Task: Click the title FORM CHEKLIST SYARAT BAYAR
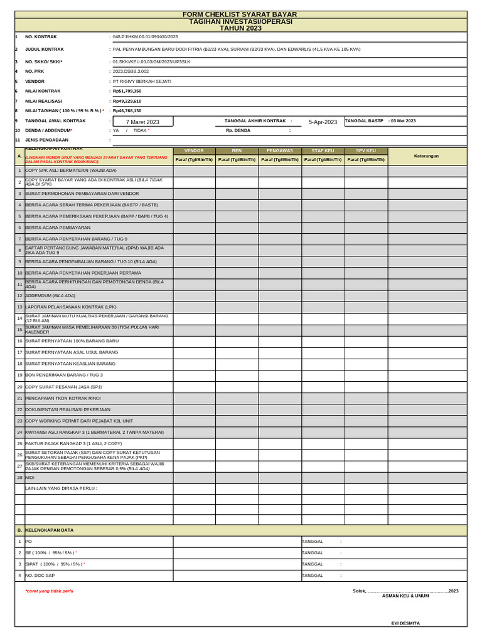(239, 14)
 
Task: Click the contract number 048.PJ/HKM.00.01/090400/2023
(145, 37)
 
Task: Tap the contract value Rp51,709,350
(127, 91)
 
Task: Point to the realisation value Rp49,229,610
(127, 101)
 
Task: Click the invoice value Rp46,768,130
(127, 110)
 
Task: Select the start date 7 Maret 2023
(142, 122)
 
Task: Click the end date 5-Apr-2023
(323, 122)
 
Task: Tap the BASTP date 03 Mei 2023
(403, 120)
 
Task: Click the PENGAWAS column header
(280, 151)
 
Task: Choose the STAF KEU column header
(323, 151)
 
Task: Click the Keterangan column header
(427, 156)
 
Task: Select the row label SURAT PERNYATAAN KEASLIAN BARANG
(70, 364)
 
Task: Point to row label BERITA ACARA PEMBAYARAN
(58, 228)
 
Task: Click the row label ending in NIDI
(29, 478)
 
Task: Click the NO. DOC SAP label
(40, 576)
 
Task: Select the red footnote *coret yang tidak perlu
(49, 591)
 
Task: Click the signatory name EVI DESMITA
(405, 623)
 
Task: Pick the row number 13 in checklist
(19, 307)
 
